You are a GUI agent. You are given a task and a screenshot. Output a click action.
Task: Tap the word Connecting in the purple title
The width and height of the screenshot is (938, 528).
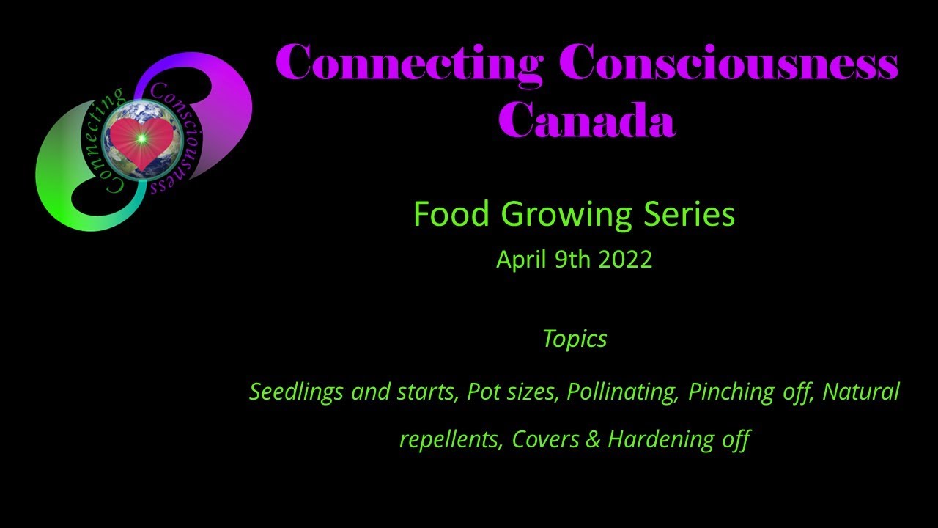point(409,63)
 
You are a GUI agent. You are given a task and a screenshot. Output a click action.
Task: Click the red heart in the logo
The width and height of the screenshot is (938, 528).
point(141,139)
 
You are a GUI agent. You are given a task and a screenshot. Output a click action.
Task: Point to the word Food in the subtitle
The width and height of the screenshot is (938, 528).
point(452,214)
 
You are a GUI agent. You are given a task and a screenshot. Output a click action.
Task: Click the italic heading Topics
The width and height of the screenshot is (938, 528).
point(575,339)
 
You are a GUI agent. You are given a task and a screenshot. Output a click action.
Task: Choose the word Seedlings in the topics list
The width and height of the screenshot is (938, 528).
point(296,392)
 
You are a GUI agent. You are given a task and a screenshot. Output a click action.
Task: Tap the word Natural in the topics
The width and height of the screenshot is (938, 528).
point(860,391)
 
